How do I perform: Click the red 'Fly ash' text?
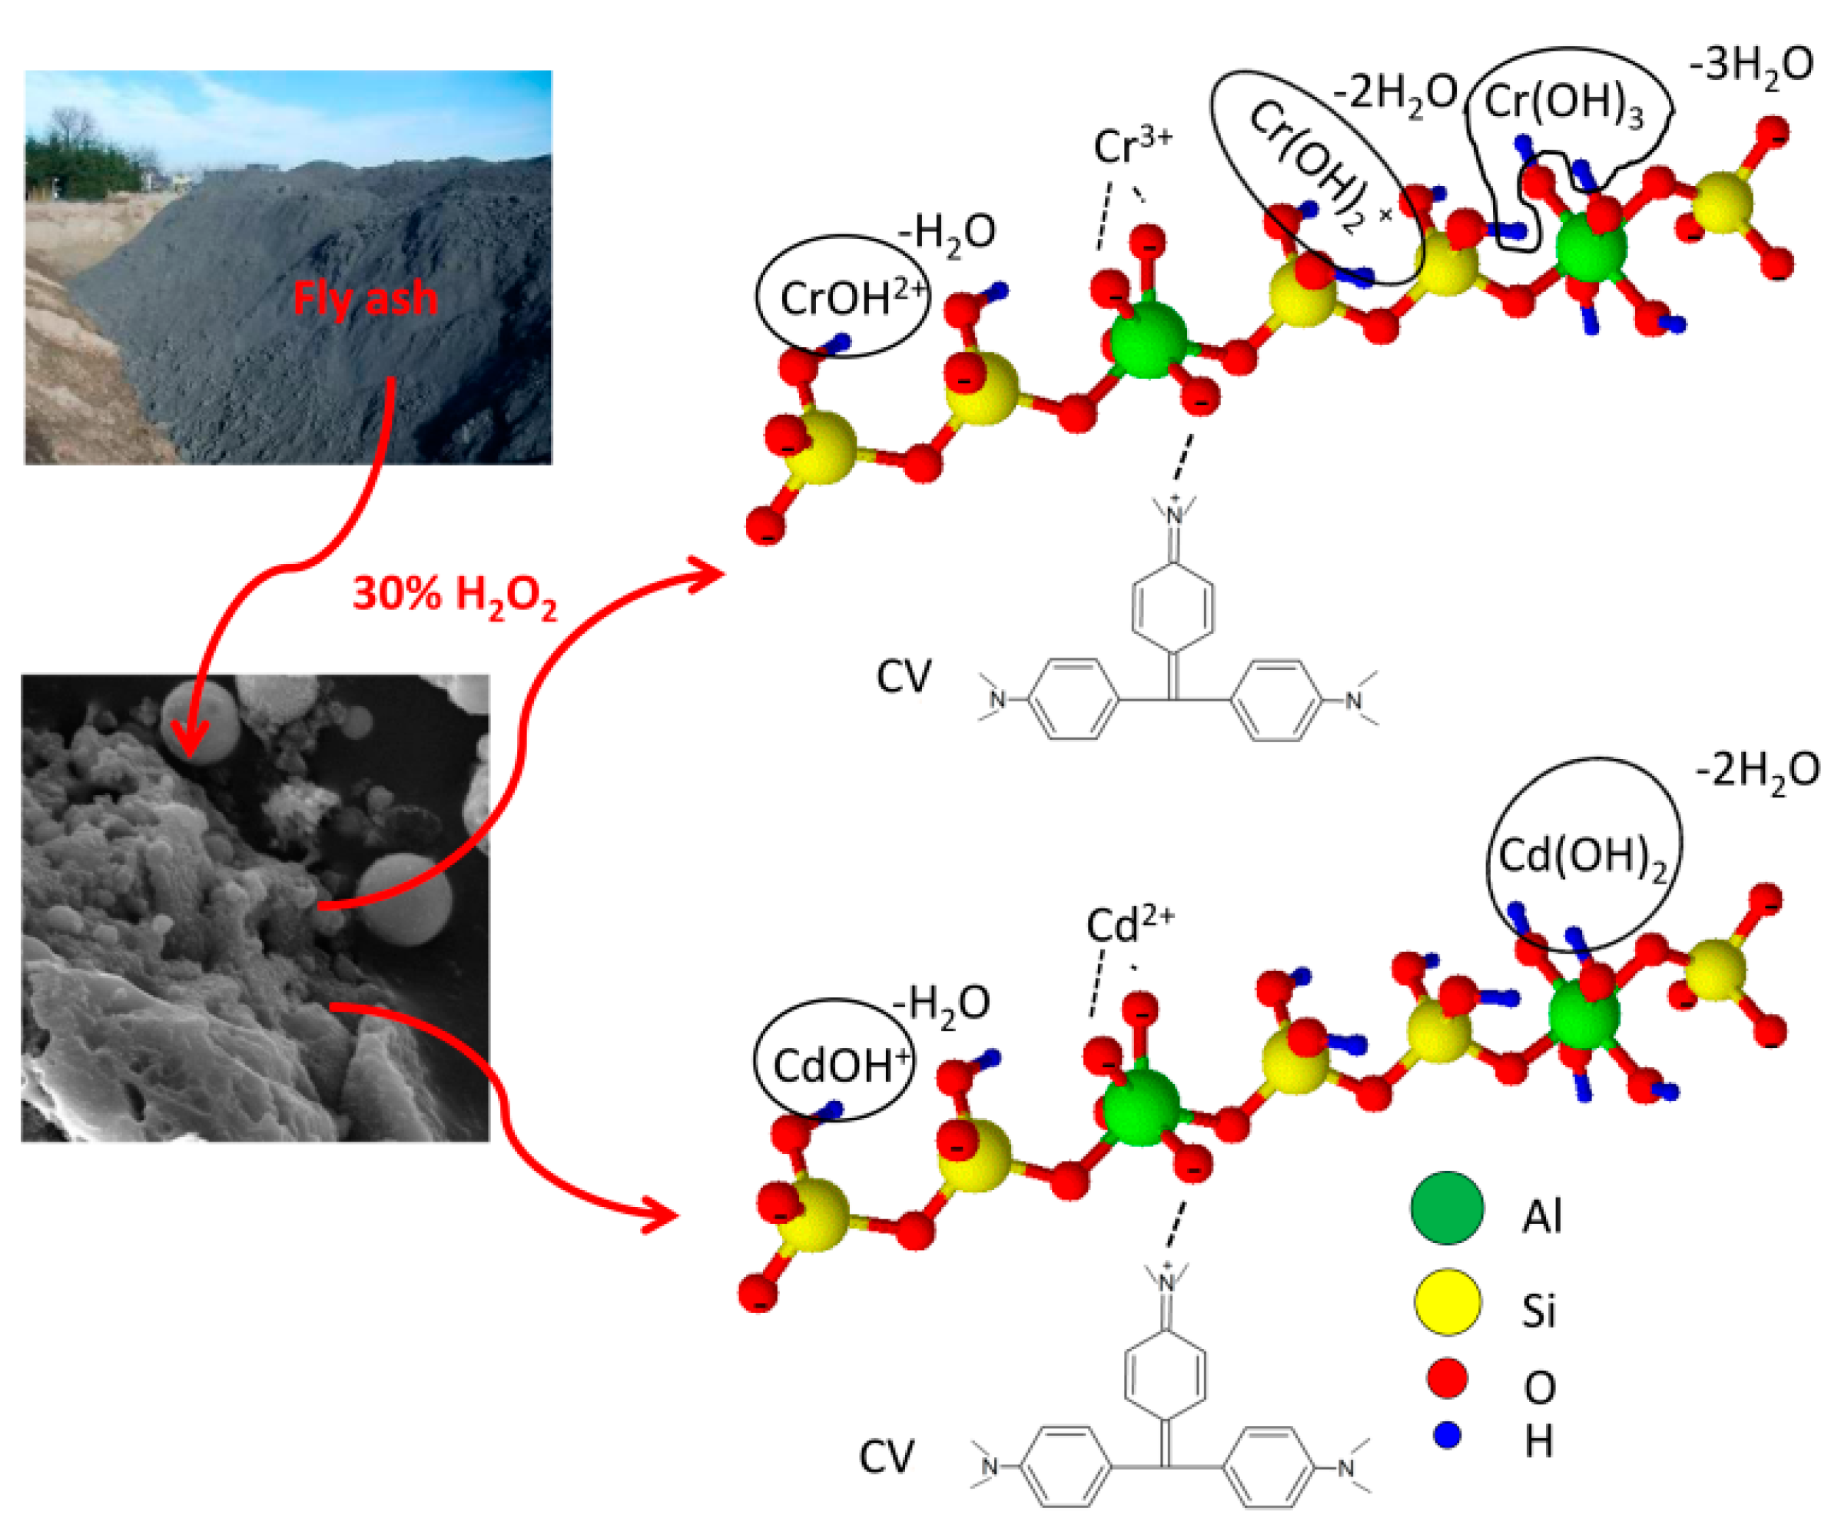tap(365, 299)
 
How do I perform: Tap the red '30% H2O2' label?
tap(454, 595)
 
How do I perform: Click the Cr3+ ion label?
tap(1131, 145)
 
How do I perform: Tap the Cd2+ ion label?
tap(1129, 925)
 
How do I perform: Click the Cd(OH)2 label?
tap(1581, 857)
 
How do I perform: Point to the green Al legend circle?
tap(1447, 1208)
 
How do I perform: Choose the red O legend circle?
tap(1447, 1378)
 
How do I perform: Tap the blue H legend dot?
tap(1447, 1435)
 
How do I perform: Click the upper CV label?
tap(904, 677)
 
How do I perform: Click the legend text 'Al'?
tap(1541, 1217)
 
